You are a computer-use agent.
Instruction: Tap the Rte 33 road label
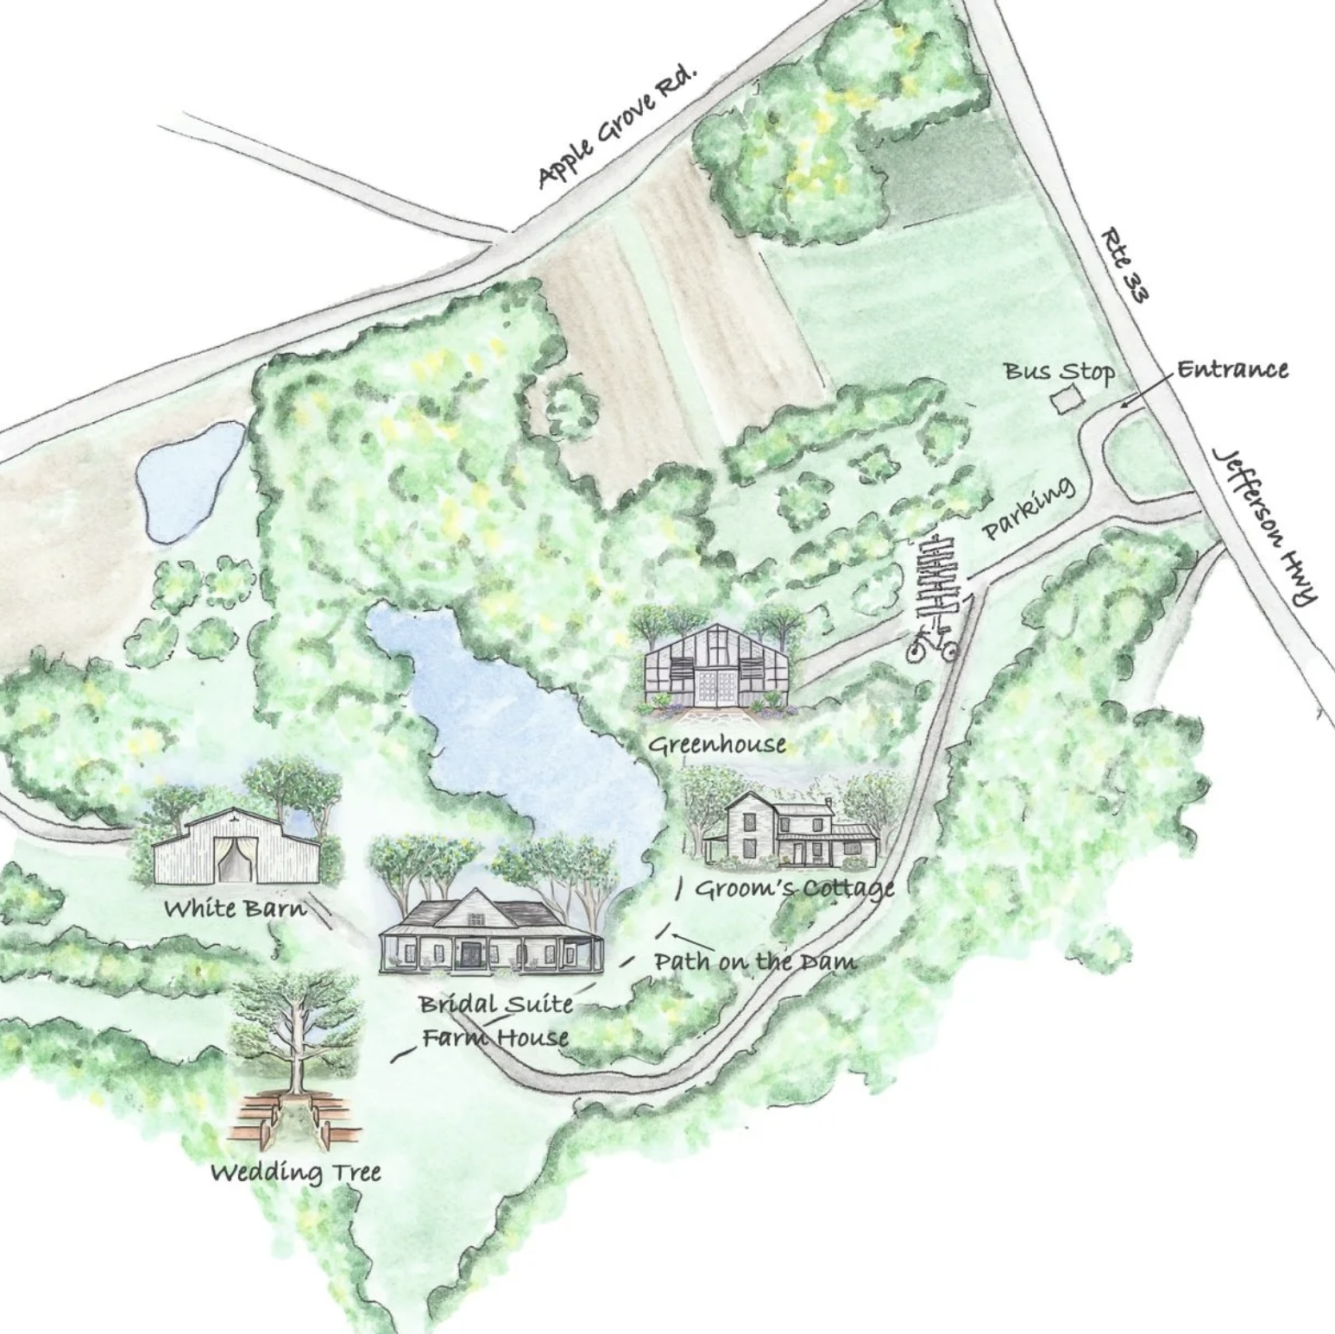(1125, 265)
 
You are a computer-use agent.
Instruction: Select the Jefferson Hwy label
(1266, 525)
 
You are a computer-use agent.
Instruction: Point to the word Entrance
(1232, 369)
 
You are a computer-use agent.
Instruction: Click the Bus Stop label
(1058, 372)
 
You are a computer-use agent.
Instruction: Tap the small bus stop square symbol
(1067, 400)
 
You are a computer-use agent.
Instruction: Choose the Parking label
(1030, 507)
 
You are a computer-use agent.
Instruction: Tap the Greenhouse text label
(717, 744)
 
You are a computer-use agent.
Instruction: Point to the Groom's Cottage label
(794, 888)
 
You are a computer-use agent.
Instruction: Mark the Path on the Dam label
(755, 961)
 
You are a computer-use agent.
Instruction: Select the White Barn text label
(235, 908)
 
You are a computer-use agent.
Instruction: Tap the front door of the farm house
(471, 954)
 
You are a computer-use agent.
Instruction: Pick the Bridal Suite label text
(496, 1004)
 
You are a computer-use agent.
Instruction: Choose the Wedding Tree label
(296, 1172)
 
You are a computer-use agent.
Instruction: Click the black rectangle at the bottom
(766, 1238)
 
